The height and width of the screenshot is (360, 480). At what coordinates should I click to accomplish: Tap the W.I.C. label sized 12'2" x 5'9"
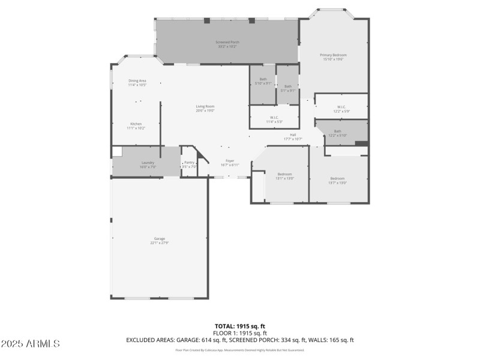(341, 109)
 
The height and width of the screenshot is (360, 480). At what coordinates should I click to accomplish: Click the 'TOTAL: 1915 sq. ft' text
(240, 326)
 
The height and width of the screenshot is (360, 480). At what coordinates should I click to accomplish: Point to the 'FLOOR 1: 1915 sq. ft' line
(240, 333)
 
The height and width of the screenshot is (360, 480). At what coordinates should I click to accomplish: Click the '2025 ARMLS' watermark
(30, 344)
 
